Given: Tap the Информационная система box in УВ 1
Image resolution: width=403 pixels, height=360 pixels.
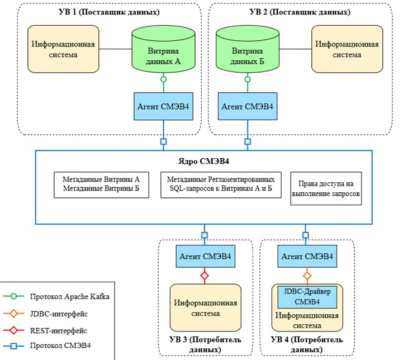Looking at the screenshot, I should tap(62, 49).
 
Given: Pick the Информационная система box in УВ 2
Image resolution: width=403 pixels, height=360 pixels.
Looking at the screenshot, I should tap(347, 49).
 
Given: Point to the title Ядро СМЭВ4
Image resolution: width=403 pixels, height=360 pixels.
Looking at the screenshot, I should tap(202, 163).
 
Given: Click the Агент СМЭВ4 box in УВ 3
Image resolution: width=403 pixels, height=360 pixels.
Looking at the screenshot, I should tap(204, 257).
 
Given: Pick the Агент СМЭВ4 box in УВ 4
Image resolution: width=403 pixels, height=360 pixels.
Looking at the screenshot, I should tap(306, 257).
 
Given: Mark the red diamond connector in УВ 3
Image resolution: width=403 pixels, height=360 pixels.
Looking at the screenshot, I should tap(204, 276).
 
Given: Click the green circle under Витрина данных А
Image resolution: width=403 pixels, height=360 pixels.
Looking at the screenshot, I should tap(164, 79).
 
